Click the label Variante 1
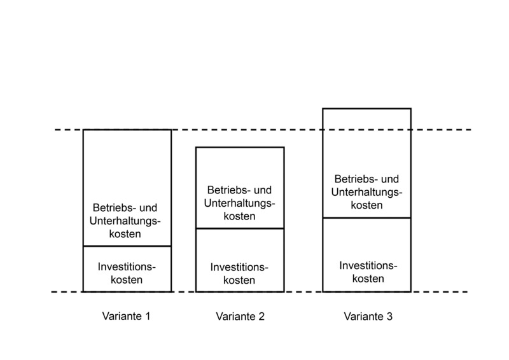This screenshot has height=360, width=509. (126, 316)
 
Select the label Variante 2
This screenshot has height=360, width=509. (241, 316)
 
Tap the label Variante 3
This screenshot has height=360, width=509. (368, 316)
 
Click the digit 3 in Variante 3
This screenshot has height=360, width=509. (389, 316)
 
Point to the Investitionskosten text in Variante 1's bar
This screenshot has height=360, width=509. (127, 273)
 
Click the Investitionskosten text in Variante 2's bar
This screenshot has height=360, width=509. (239, 273)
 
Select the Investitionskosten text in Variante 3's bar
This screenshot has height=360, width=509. (368, 272)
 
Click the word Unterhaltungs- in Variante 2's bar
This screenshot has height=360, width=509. (240, 203)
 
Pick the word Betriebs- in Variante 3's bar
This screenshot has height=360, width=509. (354, 179)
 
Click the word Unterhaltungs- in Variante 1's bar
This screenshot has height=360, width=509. (125, 221)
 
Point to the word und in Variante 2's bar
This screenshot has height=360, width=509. (262, 190)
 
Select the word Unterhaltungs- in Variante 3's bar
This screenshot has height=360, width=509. (367, 192)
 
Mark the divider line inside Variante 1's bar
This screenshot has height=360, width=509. (127, 246)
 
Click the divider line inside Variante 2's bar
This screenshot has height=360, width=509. (240, 228)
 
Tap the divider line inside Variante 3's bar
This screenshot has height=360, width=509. (367, 218)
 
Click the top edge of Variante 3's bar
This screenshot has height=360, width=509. (367, 109)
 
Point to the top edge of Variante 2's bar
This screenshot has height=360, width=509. (240, 148)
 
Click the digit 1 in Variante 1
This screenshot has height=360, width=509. (148, 316)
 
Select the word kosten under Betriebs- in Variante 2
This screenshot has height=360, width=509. (239, 216)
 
